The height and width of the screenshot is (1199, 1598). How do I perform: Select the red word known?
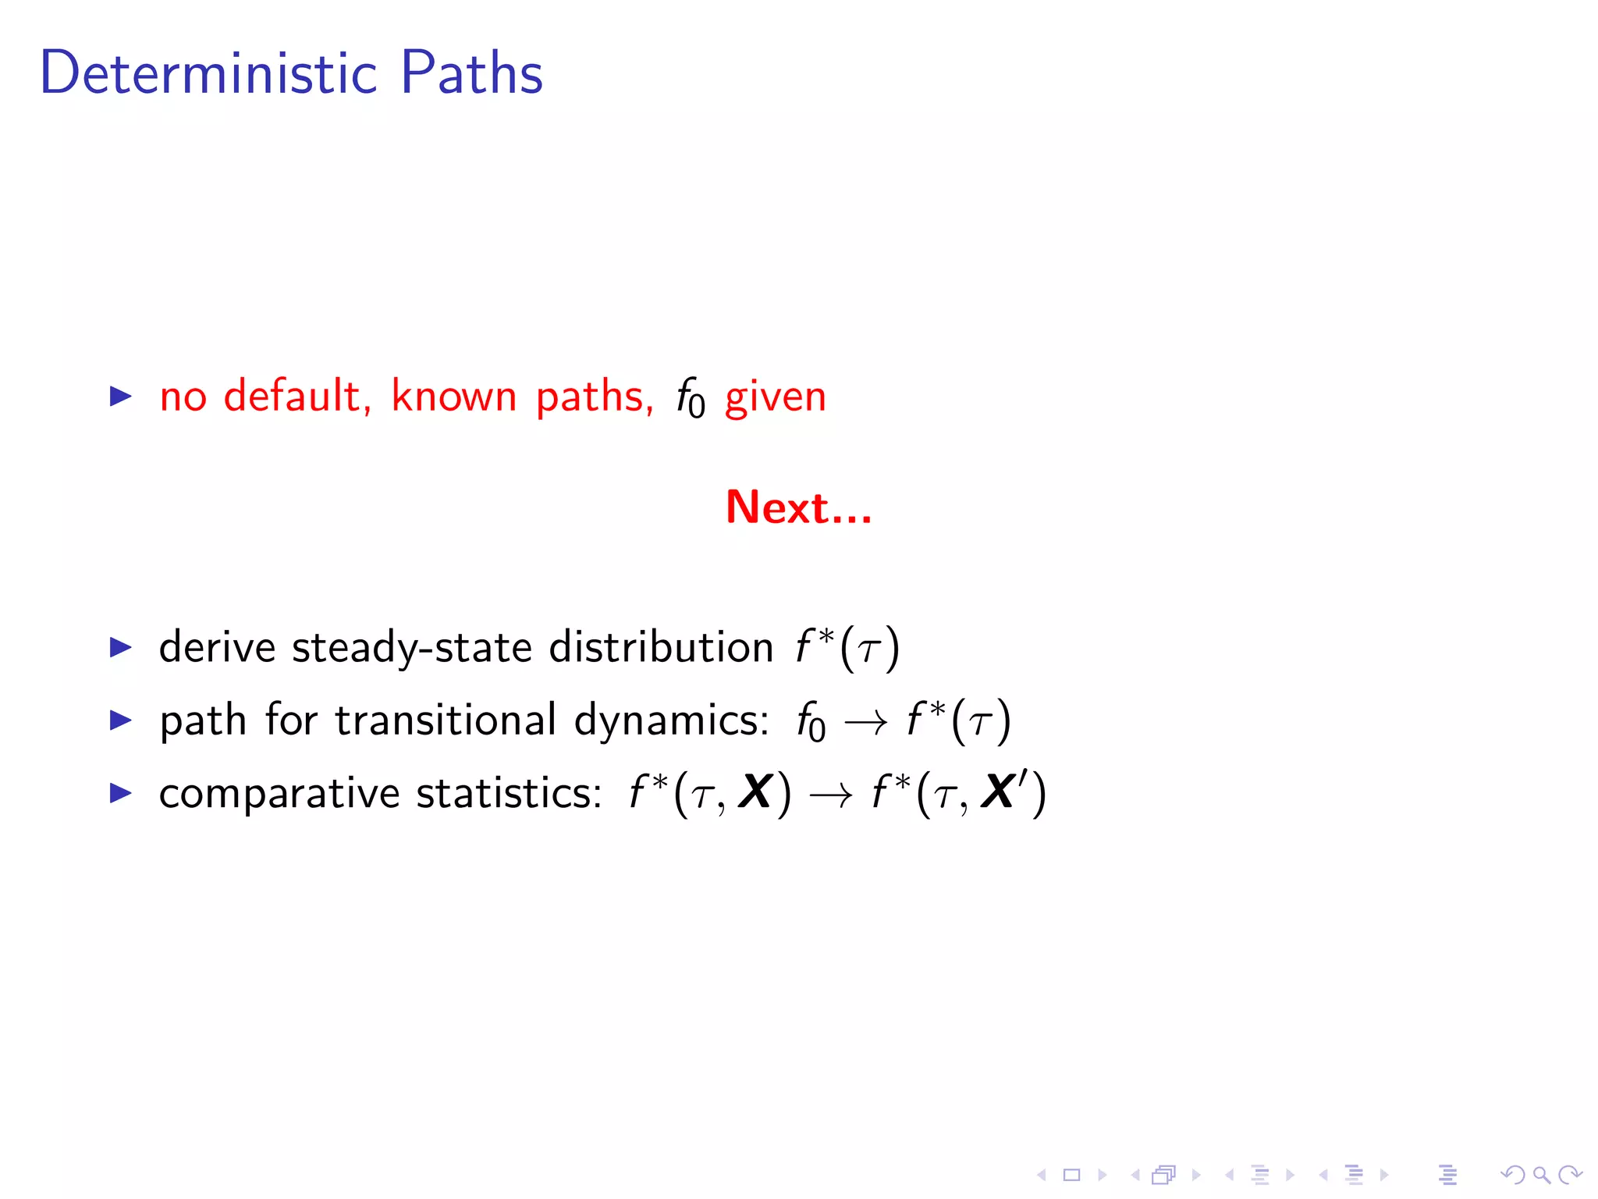point(453,397)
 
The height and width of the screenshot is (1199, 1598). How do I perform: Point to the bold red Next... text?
point(798,507)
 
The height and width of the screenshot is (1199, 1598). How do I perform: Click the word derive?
point(217,647)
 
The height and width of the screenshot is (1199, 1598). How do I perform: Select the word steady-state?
point(412,649)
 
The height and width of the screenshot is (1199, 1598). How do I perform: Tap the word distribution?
point(661,647)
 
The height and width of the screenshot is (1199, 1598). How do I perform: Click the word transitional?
point(446,720)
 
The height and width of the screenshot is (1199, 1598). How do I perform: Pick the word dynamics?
point(671,721)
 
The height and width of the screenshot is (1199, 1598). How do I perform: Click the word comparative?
point(279,794)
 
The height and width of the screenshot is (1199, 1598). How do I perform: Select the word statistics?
point(509,793)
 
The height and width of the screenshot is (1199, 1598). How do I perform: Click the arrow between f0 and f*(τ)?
point(866,723)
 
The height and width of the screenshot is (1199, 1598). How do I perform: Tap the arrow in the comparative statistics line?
point(831,796)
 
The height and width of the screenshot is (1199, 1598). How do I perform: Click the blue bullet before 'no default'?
point(121,397)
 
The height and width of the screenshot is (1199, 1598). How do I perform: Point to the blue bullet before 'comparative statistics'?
point(121,793)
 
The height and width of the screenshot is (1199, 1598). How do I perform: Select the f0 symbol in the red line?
point(690,398)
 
